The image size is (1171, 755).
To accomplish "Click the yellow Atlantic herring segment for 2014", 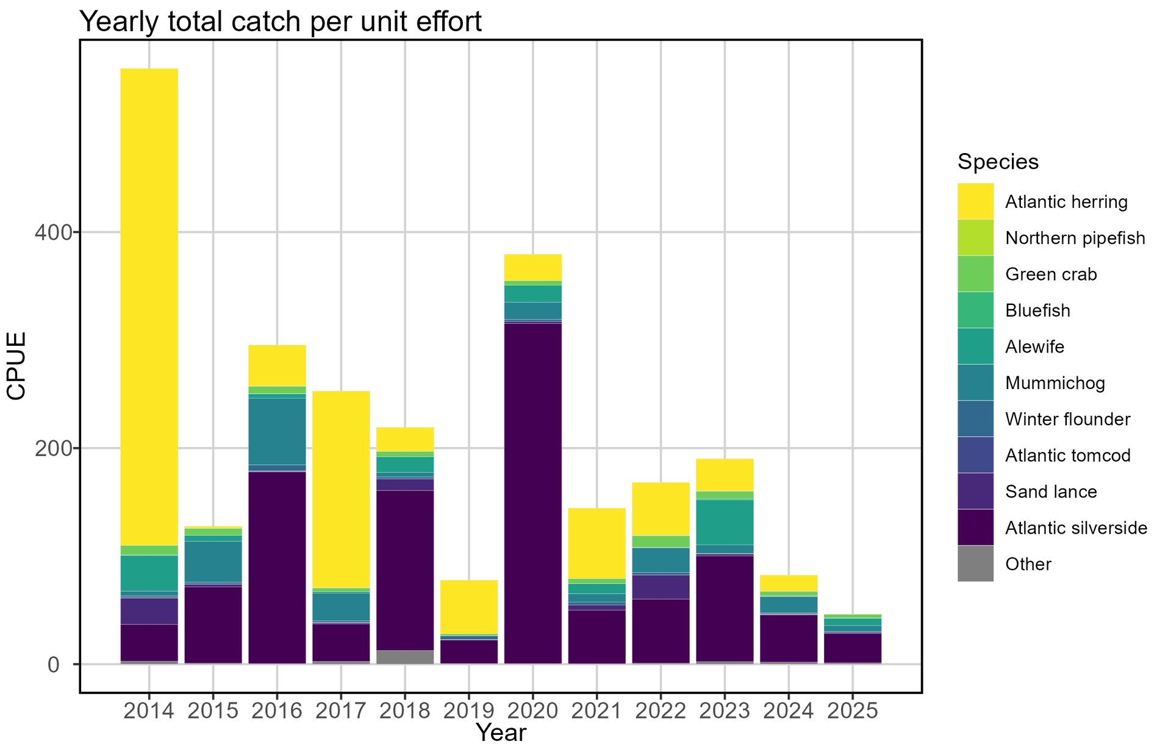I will [x=149, y=305].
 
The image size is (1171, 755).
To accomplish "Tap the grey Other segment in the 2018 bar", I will [x=405, y=657].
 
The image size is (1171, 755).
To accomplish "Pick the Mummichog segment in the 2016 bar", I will [x=277, y=431].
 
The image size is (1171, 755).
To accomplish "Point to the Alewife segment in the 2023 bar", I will [x=725, y=521].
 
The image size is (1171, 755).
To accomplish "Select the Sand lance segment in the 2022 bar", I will [x=661, y=587].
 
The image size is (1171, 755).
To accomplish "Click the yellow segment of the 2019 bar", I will [x=469, y=607].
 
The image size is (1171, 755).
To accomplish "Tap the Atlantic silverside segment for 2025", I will [x=852, y=648].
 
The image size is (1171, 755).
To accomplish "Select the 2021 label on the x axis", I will [x=596, y=711].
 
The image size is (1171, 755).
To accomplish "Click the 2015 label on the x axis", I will [x=213, y=711].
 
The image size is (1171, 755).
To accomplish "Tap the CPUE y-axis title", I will [x=16, y=366].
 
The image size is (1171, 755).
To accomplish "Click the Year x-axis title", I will [x=501, y=733].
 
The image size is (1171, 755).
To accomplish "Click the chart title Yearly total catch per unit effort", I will [x=281, y=22].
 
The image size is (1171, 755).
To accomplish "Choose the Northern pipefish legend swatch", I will [x=975, y=238].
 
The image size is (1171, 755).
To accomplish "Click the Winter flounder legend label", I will [x=1067, y=419].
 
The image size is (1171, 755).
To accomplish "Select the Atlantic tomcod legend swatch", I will [x=975, y=455].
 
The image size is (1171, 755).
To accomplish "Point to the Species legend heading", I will [x=998, y=162].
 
